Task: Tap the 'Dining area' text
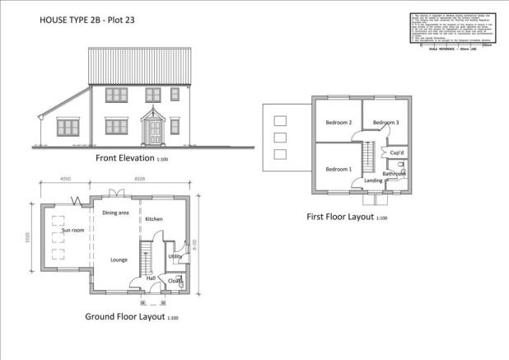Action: (x=115, y=213)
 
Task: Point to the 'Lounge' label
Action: (x=119, y=259)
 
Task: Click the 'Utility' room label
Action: (x=175, y=257)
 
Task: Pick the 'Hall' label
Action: (x=152, y=278)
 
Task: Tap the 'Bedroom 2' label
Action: (x=339, y=123)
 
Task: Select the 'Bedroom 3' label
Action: (x=385, y=123)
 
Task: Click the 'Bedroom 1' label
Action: (x=339, y=170)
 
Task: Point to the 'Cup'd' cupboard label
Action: (x=396, y=153)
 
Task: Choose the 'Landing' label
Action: (x=374, y=180)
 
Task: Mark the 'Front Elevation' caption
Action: (x=129, y=158)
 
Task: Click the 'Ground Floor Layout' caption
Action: (x=125, y=316)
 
